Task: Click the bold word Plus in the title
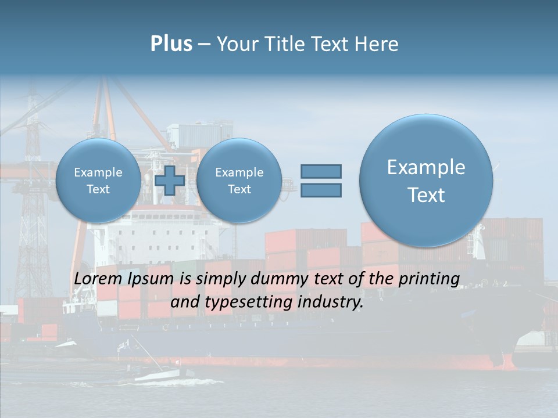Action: click(x=171, y=44)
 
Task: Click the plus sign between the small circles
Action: click(x=170, y=181)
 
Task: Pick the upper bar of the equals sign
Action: click(x=321, y=171)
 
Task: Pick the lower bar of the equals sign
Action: click(x=321, y=190)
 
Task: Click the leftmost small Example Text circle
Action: click(x=98, y=181)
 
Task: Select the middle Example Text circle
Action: click(x=239, y=181)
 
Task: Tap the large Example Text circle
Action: click(x=426, y=181)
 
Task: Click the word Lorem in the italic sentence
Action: click(x=98, y=279)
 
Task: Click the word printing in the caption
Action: click(x=429, y=279)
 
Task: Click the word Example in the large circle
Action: click(x=426, y=167)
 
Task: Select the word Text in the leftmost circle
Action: click(x=98, y=189)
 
